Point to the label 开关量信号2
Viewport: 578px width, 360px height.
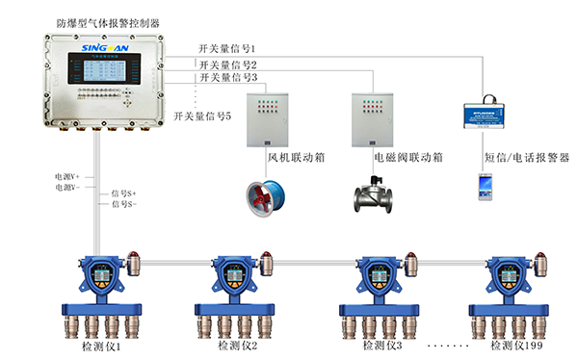[227, 64]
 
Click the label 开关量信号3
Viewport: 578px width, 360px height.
[227, 78]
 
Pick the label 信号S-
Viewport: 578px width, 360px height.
[124, 204]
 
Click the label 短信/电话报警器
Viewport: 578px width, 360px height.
[526, 156]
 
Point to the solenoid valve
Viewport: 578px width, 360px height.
[373, 195]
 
